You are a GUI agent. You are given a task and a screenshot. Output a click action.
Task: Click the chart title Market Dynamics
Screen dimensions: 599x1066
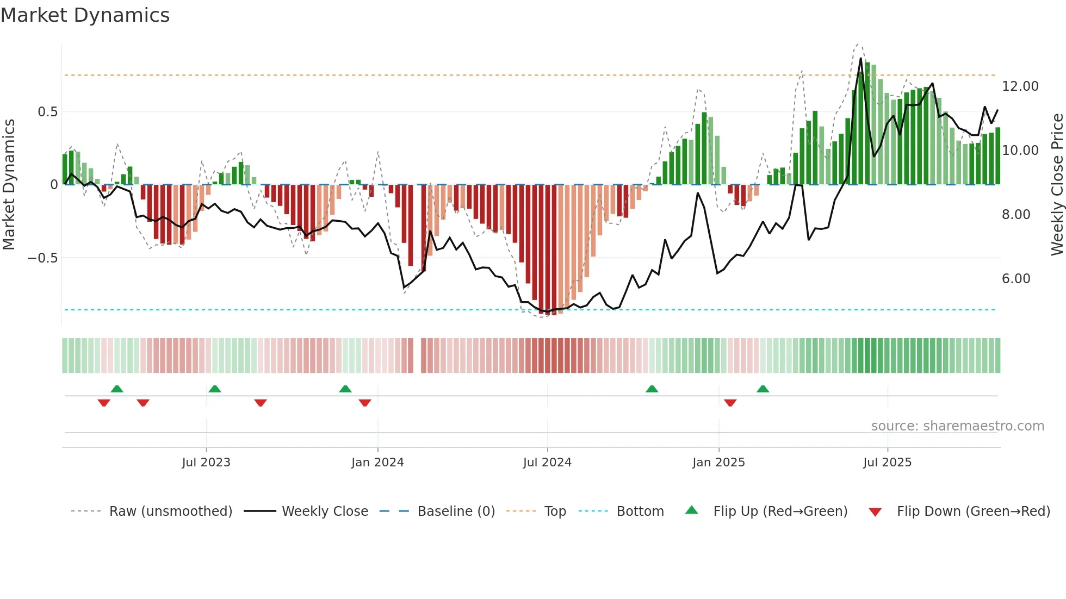(85, 15)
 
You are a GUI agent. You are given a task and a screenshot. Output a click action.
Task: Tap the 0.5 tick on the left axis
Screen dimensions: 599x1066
(47, 112)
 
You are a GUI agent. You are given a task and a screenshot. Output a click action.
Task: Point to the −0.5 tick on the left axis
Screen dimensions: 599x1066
(43, 258)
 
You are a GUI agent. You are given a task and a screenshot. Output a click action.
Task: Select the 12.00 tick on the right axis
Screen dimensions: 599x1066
(1020, 86)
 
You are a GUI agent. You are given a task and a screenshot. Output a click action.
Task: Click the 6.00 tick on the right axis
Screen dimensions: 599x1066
(1016, 279)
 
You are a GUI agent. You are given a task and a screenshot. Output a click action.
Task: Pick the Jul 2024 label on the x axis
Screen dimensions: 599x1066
(547, 463)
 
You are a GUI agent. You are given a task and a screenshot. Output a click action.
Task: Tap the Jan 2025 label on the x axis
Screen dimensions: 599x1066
(718, 463)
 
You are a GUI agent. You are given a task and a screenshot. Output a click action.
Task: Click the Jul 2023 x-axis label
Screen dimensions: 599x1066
(206, 463)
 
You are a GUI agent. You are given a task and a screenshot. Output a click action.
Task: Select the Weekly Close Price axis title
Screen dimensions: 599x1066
(1057, 184)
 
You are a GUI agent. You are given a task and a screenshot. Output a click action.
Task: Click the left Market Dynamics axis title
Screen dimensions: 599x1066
(9, 184)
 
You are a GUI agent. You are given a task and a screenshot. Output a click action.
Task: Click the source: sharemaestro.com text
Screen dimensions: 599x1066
(957, 426)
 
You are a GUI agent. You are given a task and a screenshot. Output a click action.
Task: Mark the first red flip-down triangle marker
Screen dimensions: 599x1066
(104, 403)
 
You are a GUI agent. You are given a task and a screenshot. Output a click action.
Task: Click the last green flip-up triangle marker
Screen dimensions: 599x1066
(763, 389)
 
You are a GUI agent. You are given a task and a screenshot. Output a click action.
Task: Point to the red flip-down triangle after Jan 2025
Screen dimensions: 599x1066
(730, 403)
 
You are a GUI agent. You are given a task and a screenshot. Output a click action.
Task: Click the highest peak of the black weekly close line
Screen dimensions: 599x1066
(861, 58)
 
